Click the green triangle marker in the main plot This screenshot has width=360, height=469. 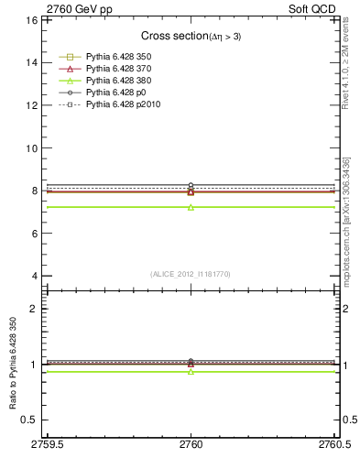[191, 207]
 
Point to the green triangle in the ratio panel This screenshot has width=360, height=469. [191, 371]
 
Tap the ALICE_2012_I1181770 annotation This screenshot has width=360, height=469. [191, 273]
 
